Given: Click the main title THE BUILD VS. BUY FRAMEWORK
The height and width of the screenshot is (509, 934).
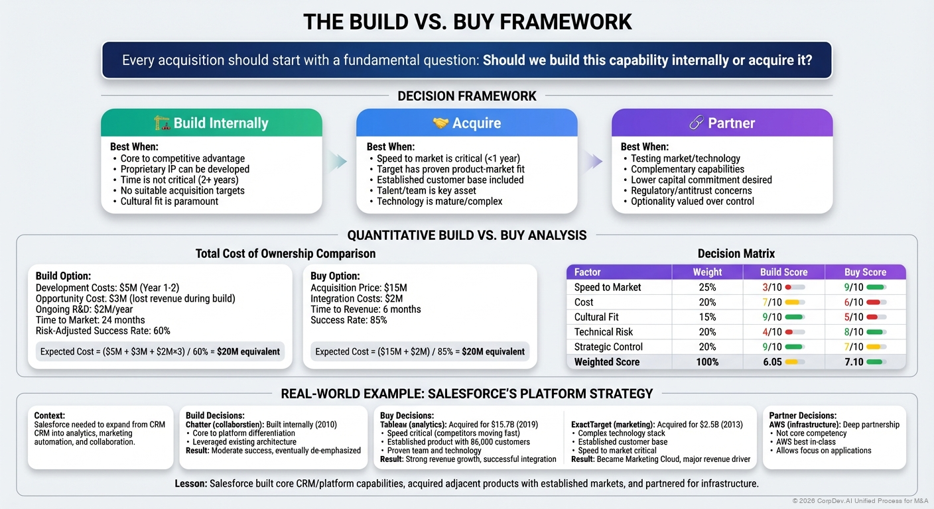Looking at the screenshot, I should [467, 21].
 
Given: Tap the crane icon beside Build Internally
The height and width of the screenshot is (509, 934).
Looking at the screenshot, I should [162, 123].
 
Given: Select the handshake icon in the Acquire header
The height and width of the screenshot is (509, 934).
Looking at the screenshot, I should [440, 123].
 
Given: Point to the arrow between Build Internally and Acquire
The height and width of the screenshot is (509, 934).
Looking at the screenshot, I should [338, 161].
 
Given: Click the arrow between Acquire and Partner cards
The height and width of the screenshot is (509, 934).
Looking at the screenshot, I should [594, 161].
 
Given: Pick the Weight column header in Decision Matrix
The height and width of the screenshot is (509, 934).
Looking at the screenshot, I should [707, 272].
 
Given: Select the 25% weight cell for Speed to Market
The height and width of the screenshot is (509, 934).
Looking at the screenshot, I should [707, 287].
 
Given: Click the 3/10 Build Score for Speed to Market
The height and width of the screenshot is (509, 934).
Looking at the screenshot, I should [771, 287].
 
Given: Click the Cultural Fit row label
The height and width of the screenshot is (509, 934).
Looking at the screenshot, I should [596, 317].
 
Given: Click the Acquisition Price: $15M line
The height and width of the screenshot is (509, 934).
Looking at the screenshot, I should [359, 288].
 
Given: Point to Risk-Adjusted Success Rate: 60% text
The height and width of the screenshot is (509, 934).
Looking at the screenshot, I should [103, 331].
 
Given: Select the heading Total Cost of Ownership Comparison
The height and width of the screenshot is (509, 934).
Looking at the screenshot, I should [285, 254].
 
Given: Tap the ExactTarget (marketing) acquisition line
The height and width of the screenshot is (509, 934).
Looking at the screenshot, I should [657, 424].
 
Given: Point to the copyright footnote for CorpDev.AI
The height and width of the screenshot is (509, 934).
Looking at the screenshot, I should [861, 500].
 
